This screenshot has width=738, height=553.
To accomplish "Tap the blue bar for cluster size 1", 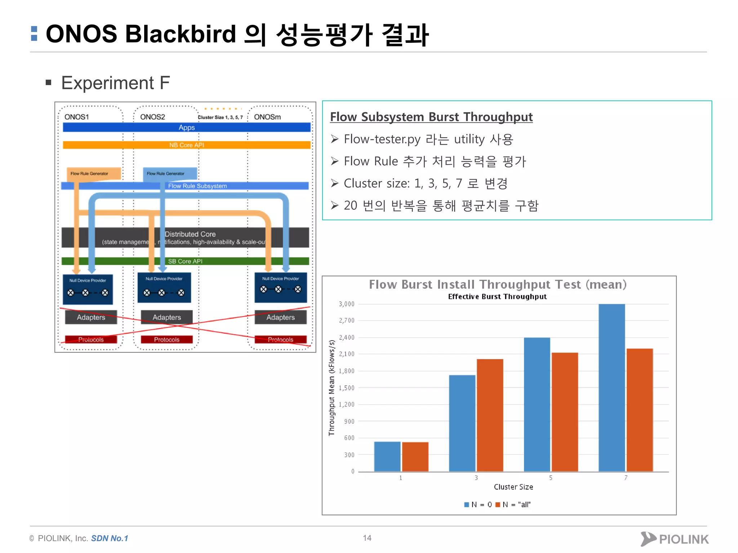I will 387,456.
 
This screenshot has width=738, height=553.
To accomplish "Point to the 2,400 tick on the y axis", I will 347,337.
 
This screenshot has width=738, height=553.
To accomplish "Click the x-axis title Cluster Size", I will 513,487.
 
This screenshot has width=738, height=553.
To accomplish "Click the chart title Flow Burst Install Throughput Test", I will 497,284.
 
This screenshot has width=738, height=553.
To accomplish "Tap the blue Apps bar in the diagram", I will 186,127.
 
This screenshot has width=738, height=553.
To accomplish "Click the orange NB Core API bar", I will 186,145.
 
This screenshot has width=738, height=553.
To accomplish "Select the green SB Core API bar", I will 185,261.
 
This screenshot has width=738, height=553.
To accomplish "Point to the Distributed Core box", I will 190,238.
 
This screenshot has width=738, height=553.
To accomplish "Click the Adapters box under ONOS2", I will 166,317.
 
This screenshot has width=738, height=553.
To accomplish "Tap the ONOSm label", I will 267,117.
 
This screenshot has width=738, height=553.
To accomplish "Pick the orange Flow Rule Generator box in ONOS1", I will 93,173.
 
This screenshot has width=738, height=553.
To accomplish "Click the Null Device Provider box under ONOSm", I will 280,287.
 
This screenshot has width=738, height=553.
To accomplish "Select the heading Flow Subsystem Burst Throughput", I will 431,117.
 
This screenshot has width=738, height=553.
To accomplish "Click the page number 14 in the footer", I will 367,538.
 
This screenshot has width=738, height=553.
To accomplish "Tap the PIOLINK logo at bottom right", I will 675,539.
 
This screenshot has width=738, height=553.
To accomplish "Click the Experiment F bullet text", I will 115,83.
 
